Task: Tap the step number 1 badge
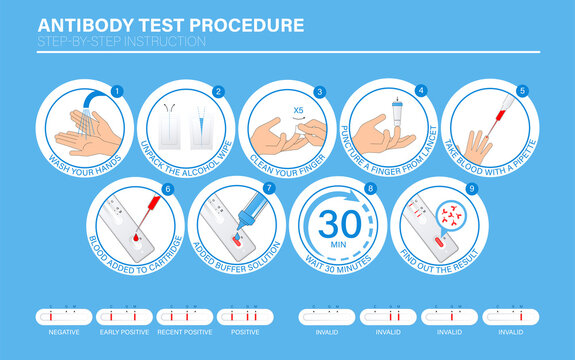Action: (x=116, y=91)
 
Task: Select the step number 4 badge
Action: (x=421, y=91)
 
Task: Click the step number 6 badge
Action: (x=167, y=187)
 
